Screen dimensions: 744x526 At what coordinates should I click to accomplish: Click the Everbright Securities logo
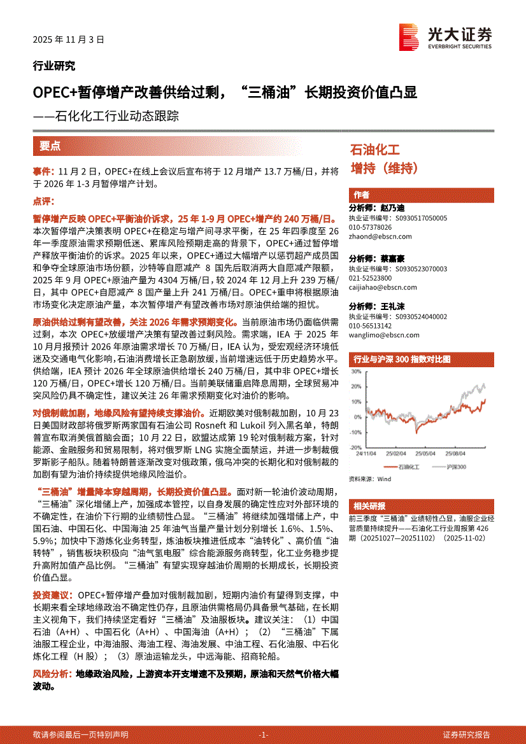445,37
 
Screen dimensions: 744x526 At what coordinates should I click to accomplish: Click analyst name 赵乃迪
393,208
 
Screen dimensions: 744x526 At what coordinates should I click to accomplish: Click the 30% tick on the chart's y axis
357,371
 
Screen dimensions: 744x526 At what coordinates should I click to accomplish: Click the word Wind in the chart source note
384,479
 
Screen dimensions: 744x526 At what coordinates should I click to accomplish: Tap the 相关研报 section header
369,506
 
